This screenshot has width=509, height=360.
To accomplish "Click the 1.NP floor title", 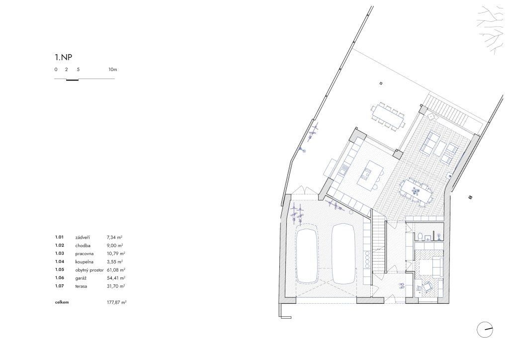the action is [63, 58].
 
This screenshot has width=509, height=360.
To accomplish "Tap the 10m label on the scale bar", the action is [113, 70].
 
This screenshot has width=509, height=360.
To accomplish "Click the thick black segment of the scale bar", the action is [72, 80].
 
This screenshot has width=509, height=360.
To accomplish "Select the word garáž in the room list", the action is [81, 278].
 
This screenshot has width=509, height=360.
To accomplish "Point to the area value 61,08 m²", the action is [116, 270].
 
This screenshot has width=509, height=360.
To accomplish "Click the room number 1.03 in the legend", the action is [60, 254].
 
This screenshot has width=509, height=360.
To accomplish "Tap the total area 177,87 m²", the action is [116, 302].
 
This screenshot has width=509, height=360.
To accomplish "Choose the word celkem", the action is [62, 302].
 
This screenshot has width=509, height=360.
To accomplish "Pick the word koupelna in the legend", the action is [85, 262].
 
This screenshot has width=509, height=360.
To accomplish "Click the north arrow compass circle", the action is [485, 330].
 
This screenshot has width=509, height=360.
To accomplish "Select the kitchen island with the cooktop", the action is [369, 174].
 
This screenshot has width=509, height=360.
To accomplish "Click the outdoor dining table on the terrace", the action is [388, 116].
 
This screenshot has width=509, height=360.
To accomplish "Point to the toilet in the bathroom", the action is [419, 236].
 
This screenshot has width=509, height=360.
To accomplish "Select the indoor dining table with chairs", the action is [417, 192].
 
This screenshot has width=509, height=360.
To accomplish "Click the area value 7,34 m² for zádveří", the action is [115, 238].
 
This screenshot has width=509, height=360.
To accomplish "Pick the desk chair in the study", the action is [426, 286].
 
